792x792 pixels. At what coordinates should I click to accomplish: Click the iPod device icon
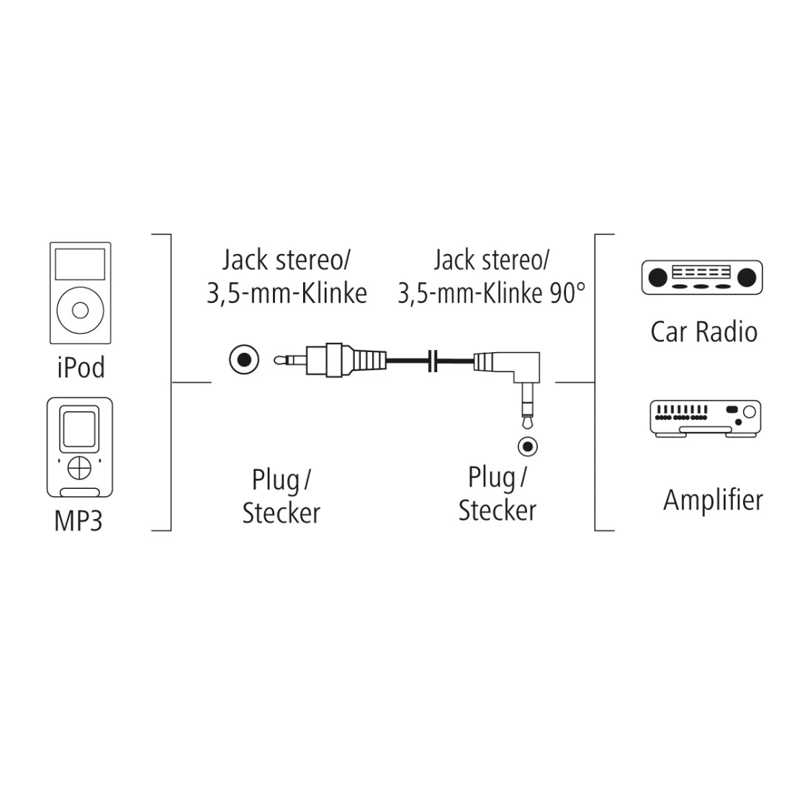(x=80, y=292)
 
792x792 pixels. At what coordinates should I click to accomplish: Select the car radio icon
(x=701, y=277)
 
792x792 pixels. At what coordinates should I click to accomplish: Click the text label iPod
(x=80, y=367)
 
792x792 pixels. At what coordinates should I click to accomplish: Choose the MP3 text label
(x=78, y=521)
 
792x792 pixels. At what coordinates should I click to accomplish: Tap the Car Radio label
(x=703, y=332)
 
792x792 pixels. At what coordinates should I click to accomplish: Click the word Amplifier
(x=712, y=499)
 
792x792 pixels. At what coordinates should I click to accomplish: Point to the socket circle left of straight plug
(x=244, y=359)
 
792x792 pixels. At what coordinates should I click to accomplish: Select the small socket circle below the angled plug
(x=528, y=446)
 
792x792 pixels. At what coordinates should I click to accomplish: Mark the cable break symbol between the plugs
(x=433, y=361)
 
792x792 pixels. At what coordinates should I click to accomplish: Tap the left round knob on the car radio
(x=657, y=276)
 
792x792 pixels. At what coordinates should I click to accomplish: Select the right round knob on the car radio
(x=747, y=276)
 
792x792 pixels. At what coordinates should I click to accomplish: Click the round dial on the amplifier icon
(x=750, y=413)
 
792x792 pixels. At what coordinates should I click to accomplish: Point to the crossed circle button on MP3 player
(x=79, y=467)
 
